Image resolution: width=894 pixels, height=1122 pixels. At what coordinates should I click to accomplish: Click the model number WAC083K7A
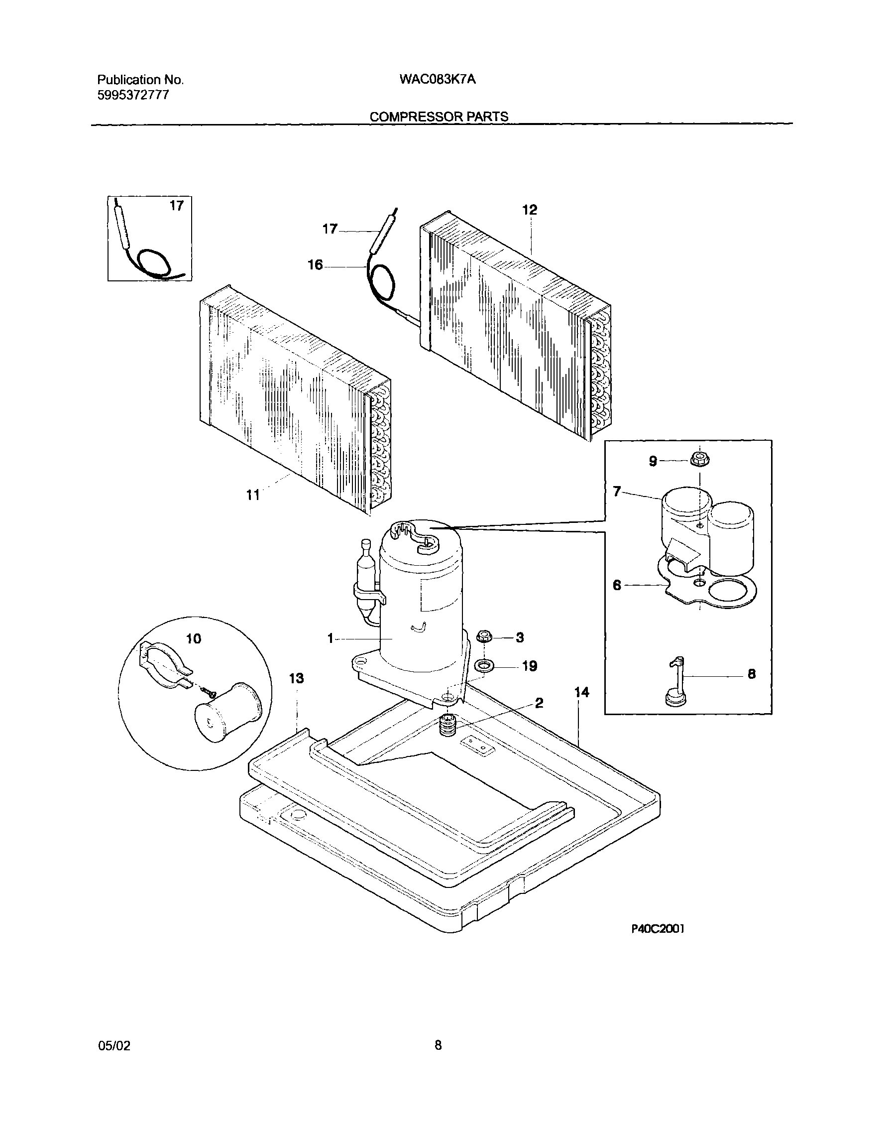click(438, 80)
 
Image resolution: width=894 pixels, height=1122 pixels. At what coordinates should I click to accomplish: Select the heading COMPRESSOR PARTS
click(439, 117)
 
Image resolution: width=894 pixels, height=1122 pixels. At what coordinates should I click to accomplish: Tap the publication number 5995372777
click(133, 95)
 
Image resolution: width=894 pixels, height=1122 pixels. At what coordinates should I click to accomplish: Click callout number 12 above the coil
click(530, 210)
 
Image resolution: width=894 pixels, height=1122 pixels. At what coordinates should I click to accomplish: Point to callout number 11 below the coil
click(253, 495)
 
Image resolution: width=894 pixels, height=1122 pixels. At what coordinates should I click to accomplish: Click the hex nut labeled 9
click(700, 460)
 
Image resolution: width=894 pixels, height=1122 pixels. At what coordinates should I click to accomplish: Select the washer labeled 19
click(485, 666)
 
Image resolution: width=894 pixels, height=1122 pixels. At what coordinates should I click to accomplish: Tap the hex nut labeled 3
click(484, 636)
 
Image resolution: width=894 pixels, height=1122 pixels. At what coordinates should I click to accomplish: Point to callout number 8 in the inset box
click(751, 674)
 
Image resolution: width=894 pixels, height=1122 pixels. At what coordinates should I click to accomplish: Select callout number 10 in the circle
click(194, 638)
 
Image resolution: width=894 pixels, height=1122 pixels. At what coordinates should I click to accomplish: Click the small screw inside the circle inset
click(209, 692)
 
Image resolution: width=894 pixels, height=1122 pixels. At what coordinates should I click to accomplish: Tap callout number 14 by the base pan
click(581, 692)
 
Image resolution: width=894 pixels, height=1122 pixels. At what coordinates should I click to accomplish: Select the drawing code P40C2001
click(658, 929)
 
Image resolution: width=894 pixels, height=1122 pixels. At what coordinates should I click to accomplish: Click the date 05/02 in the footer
click(114, 1045)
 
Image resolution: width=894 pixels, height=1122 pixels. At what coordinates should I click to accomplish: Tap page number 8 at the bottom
click(438, 1045)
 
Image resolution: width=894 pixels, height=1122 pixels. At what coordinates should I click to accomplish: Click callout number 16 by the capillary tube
click(315, 265)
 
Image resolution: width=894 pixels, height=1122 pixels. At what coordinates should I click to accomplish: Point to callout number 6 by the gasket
click(617, 586)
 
